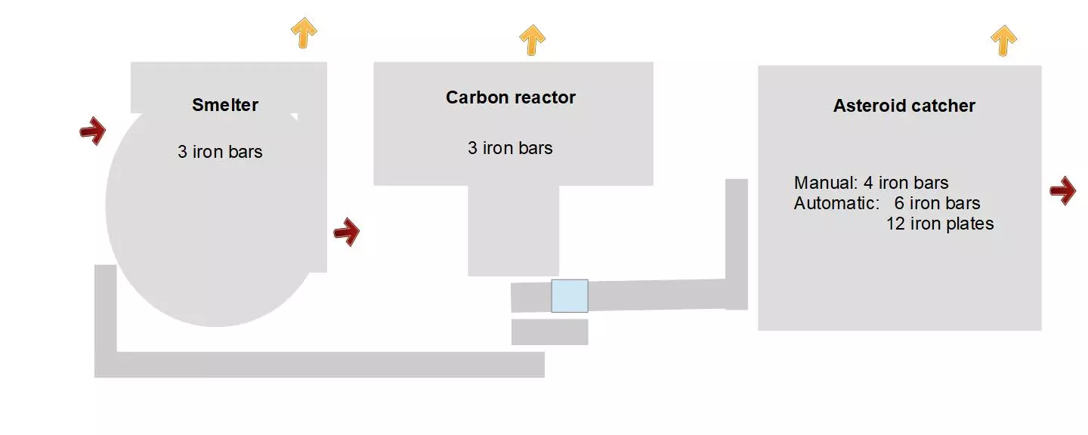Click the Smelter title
[225, 105]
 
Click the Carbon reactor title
[511, 97]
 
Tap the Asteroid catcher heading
[904, 106]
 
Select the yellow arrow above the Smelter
[304, 32]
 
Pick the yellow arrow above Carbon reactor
[533, 39]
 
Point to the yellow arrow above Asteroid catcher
[1003, 40]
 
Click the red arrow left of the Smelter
[93, 131]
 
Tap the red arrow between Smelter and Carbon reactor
[347, 232]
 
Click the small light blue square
[570, 296]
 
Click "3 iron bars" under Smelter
[220, 152]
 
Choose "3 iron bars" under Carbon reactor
[510, 148]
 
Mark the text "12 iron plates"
[940, 224]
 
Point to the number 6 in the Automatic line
[899, 203]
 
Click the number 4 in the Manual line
[868, 183]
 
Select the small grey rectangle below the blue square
[549, 332]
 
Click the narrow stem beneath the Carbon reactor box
[513, 230]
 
